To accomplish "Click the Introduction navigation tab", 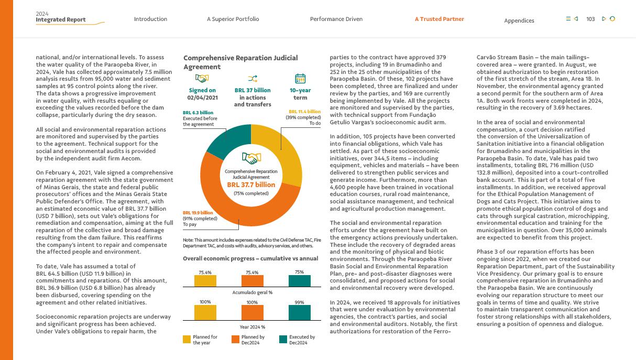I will tap(150, 19).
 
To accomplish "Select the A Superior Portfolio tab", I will tap(233, 19).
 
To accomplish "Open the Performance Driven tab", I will tap(336, 19).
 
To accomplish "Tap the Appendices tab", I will tap(519, 21).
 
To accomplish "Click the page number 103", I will tap(590, 19).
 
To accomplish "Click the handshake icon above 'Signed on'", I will tap(202, 79).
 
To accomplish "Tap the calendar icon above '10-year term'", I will tap(300, 79).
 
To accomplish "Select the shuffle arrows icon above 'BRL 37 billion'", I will tap(252, 79).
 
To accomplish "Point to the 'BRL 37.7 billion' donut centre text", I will tap(251, 184).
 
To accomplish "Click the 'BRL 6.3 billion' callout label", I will tap(198, 113).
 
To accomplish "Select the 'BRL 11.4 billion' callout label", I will tap(304, 112).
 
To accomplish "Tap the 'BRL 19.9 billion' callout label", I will tap(198, 213).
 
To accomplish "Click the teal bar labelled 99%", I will tap(300, 313).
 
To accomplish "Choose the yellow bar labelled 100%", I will tap(205, 313).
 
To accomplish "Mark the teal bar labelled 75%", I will tap(300, 281).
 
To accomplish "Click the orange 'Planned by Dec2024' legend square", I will tap(235, 340).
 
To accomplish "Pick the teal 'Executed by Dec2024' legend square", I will tap(283, 340).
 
